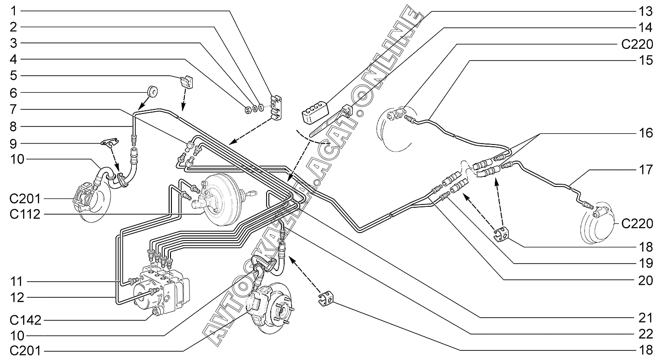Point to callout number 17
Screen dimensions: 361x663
pos(646,169)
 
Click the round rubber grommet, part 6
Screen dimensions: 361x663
pos(152,90)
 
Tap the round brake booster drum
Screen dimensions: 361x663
pos(226,199)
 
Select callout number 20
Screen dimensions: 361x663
pos(646,280)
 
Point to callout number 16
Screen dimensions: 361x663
pos(646,133)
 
